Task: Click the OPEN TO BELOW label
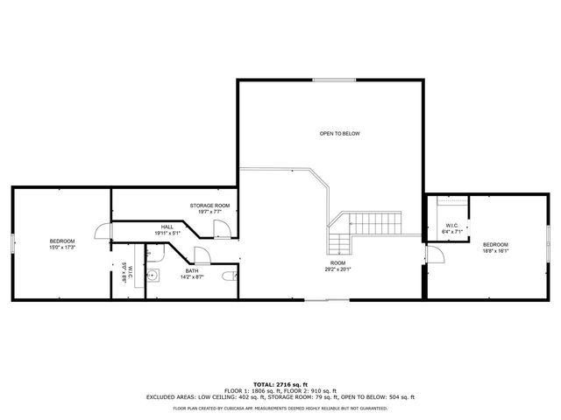coord(339,134)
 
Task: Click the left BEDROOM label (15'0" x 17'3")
coord(62,244)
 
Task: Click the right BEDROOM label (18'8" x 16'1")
coord(495,247)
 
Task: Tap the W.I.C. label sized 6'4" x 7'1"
coord(452,228)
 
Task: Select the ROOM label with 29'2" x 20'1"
coord(337,266)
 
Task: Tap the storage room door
coord(222,229)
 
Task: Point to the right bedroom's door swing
coord(433,254)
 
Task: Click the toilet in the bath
coord(229,276)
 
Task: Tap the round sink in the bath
coord(153,275)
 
